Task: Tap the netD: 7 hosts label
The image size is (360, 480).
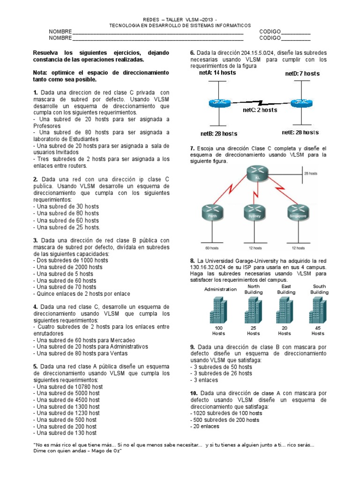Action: pos(302,74)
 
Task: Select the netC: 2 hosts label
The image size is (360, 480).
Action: pos(260,110)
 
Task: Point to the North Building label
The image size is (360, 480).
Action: pos(253,289)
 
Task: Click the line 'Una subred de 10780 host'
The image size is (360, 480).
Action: pos(68,387)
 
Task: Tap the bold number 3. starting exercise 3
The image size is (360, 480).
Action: pos(36,240)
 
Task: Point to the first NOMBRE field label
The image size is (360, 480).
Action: pos(60,31)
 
